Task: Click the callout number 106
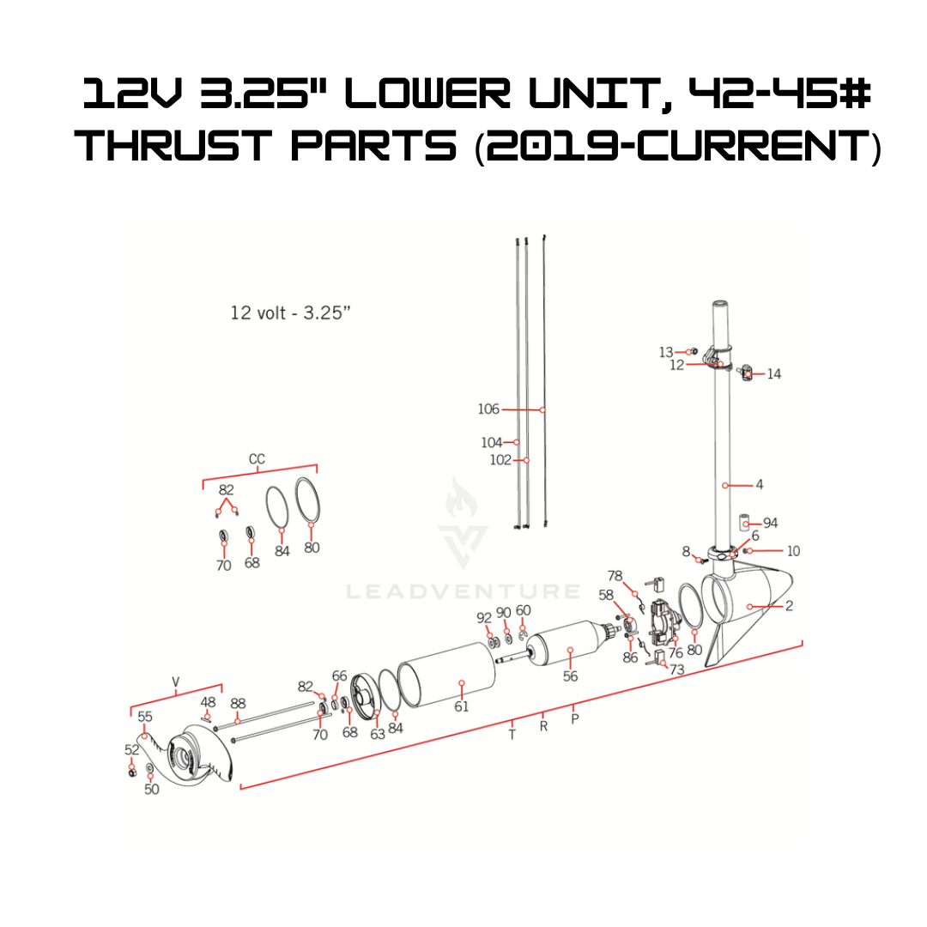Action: click(488, 409)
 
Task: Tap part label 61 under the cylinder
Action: click(461, 706)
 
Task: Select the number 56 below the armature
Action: click(570, 676)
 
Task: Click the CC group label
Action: click(257, 459)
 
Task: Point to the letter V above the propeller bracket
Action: click(176, 682)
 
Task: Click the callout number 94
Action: click(770, 524)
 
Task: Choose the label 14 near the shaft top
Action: click(774, 374)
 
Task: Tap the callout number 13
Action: click(666, 353)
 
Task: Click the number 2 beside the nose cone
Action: click(789, 606)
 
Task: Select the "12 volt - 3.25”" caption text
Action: click(290, 312)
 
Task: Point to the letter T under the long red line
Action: click(512, 735)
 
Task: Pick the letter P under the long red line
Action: click(574, 719)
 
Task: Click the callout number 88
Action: click(238, 704)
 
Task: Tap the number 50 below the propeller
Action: click(151, 790)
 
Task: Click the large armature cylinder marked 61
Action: click(447, 676)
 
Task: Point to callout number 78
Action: click(615, 576)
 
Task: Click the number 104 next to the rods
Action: click(491, 442)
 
